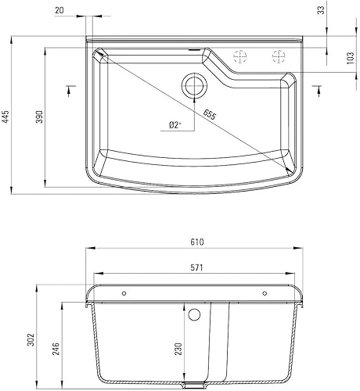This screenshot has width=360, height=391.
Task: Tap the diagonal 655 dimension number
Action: pos(211,114)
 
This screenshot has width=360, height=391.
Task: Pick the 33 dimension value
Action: pos(343,10)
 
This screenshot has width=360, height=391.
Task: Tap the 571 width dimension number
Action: pos(196,267)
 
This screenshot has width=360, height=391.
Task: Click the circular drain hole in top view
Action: pos(192,84)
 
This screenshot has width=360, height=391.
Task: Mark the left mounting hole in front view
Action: pos(123,293)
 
